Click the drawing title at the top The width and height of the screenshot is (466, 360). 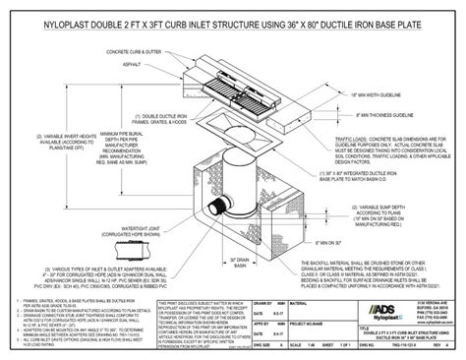click(233, 15)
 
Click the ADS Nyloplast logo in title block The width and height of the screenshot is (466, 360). click(378, 311)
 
